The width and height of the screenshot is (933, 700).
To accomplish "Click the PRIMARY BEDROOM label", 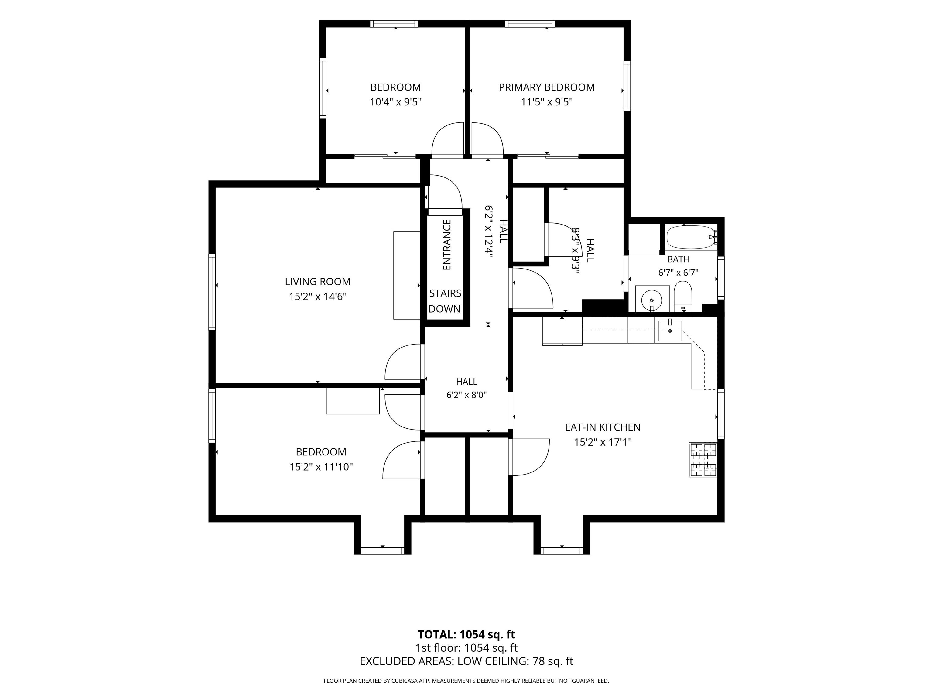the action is (x=547, y=87).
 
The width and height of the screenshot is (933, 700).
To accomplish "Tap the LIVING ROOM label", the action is (x=318, y=281).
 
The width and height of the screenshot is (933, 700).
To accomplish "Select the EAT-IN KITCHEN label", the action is (x=603, y=427).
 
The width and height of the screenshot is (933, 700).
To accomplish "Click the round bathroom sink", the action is (x=652, y=300).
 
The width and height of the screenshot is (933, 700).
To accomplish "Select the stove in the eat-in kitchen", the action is (x=703, y=460).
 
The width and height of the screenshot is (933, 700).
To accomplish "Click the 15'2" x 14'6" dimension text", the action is (x=318, y=297).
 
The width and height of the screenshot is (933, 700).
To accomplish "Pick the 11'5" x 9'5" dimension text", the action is (x=547, y=102).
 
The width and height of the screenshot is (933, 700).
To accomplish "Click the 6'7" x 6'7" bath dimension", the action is (x=678, y=273).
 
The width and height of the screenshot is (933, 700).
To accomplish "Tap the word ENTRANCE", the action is (x=447, y=245).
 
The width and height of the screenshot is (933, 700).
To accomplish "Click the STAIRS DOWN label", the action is (x=445, y=301).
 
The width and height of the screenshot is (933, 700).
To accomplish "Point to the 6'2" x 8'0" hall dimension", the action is (x=466, y=395).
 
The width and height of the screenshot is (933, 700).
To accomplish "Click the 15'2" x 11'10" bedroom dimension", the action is (x=321, y=467).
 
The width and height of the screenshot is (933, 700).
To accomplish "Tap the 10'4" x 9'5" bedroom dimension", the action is (x=396, y=102).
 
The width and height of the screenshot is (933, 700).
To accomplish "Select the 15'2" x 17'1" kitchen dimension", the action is (x=603, y=442).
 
